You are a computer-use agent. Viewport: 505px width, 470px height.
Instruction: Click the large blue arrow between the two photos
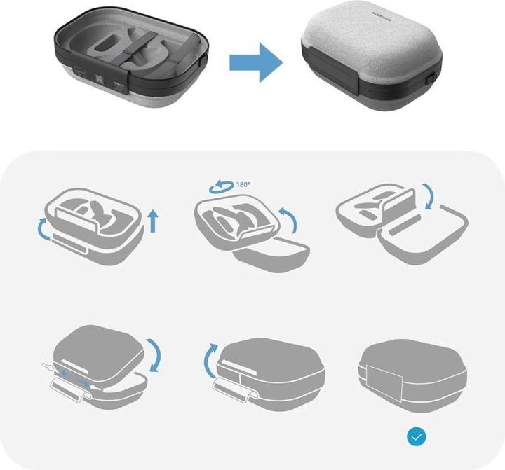(x=257, y=61)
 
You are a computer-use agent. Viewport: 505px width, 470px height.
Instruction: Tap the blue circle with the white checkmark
(x=417, y=437)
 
